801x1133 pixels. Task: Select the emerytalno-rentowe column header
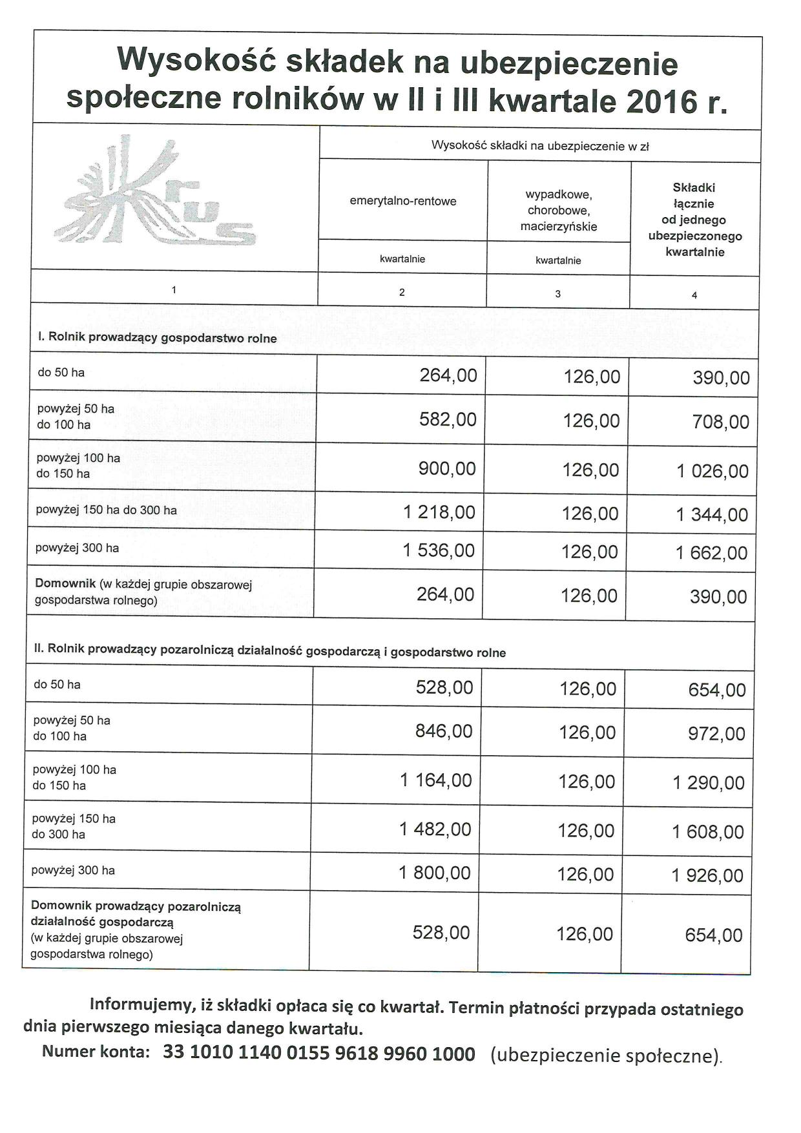click(x=403, y=201)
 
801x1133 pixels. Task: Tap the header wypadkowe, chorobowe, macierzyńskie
click(x=559, y=210)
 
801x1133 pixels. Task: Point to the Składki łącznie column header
click(x=694, y=220)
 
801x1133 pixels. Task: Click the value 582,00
click(x=448, y=419)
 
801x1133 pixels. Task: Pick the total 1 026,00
click(x=713, y=471)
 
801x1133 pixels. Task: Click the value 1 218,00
click(x=439, y=512)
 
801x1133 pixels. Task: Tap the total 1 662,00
click(x=712, y=553)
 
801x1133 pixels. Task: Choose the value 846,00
click(x=444, y=731)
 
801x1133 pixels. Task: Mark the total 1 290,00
click(x=709, y=783)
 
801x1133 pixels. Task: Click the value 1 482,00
click(x=435, y=829)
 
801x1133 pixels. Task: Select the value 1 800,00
click(x=435, y=873)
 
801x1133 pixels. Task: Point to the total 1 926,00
click(x=707, y=876)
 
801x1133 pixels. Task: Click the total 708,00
click(x=721, y=422)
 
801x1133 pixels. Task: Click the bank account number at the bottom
click(x=319, y=1054)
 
